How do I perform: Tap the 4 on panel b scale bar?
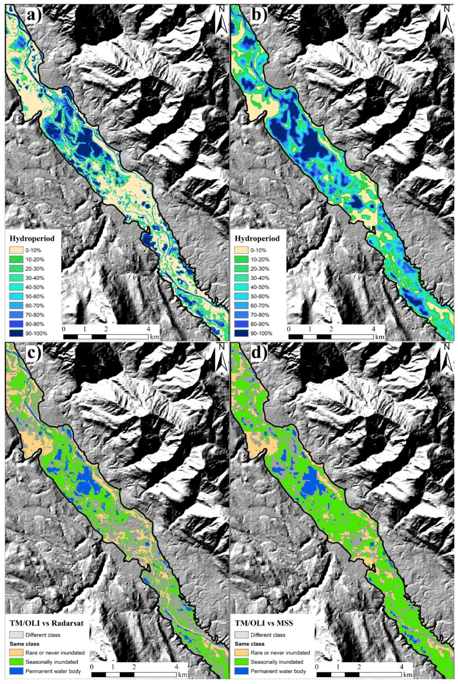374,329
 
